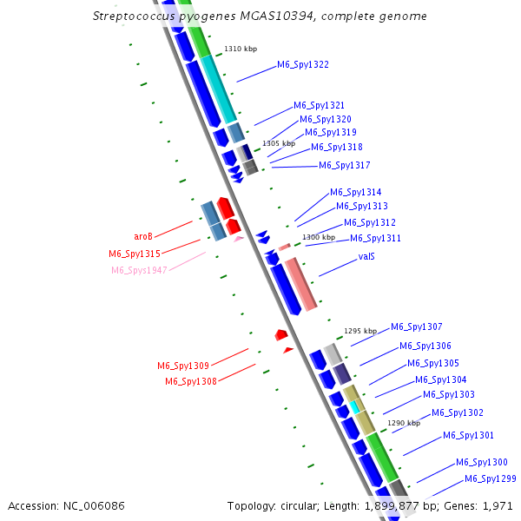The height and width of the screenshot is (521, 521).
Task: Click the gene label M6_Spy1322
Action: pos(303,65)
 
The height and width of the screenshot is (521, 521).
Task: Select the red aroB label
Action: pos(143,236)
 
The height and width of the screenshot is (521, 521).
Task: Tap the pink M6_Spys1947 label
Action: pos(139,270)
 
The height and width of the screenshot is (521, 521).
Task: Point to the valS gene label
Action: pos(366,257)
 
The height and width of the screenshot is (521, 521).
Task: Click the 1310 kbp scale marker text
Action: pos(241,49)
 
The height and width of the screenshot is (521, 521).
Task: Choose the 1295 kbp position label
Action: pos(360,331)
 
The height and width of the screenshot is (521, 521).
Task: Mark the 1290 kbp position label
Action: pos(404,423)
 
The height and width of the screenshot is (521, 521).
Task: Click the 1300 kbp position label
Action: pos(318,237)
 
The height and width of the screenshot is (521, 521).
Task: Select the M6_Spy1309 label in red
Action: pos(183,366)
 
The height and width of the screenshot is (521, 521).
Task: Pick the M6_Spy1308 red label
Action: pos(191,381)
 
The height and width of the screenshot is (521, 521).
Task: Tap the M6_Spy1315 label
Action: pos(135,254)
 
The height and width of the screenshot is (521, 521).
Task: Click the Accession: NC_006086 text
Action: pos(66,505)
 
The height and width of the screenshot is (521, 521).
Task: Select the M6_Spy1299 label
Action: pos(491,479)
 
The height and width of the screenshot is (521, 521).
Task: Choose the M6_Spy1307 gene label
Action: pos(417,327)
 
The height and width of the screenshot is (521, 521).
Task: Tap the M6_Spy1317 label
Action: pos(345,165)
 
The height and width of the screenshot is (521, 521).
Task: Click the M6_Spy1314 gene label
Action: pos(355,193)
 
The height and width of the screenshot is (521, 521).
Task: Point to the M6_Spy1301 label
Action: pos(469,436)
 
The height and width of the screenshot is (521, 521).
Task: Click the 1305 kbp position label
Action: pos(279,142)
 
